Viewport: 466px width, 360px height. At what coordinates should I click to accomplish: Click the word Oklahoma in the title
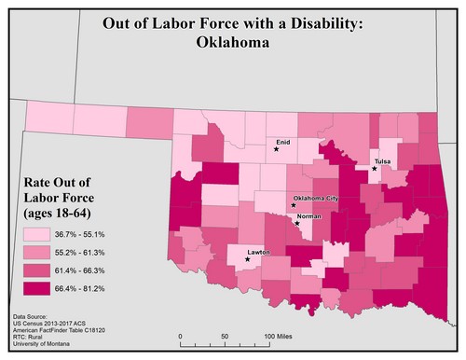(x=232, y=41)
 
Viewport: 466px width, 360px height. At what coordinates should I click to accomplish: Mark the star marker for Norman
(x=296, y=223)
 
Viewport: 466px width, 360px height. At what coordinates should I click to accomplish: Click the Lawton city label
(x=258, y=251)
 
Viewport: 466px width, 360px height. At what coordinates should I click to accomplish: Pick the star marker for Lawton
(x=247, y=258)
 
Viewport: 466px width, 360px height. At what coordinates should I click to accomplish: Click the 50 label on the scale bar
(x=225, y=335)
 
